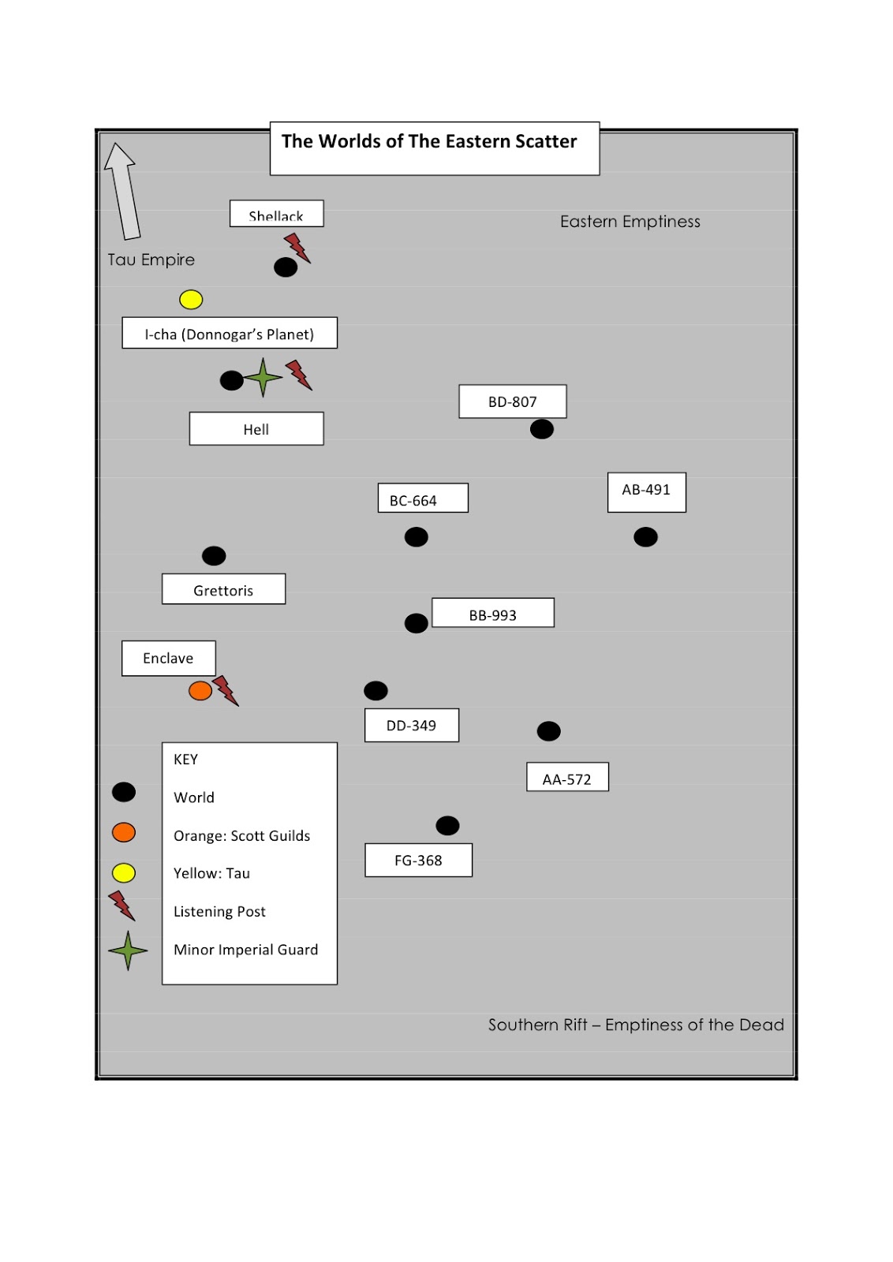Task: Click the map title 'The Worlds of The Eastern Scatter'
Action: [429, 141]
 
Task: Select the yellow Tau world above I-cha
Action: [191, 299]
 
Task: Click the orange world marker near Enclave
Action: [200, 690]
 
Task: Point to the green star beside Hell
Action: [263, 378]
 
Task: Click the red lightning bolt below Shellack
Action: [297, 248]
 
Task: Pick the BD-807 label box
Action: [513, 401]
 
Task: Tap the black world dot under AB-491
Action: [645, 537]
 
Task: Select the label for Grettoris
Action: [224, 588]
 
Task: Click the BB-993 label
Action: [493, 612]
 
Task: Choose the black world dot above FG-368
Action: [447, 825]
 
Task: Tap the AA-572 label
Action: [567, 777]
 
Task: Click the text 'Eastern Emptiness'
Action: [630, 222]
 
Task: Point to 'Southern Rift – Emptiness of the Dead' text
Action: [636, 1025]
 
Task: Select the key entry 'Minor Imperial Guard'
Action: [245, 950]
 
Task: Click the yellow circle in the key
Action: [123, 872]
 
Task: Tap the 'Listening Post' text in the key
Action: [219, 911]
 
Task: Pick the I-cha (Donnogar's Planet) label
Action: [230, 333]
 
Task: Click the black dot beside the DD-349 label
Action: [376, 690]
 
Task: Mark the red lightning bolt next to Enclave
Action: [226, 691]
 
